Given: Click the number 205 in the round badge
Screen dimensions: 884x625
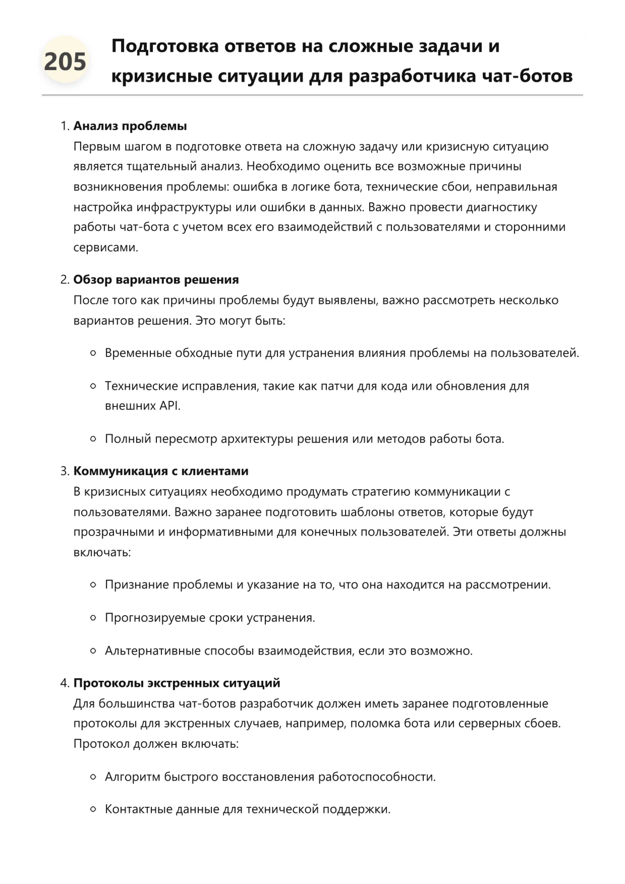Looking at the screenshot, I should pos(65,62).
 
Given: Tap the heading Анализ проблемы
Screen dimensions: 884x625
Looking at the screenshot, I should pos(130,126).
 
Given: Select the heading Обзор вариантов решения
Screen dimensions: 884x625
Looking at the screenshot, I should pos(156,279).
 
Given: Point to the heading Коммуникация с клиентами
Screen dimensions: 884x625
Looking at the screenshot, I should pos(161,471).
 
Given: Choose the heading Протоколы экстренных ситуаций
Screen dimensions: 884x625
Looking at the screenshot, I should pos(177,683).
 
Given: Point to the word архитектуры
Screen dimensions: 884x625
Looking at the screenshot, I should pos(257,439).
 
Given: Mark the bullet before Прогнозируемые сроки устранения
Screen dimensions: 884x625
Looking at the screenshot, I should pos(93,618).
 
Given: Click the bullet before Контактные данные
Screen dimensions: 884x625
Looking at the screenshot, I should pos(93,809).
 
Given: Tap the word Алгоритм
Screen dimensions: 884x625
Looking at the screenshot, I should pos(132,777).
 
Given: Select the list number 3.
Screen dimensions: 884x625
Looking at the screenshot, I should pos(64,471).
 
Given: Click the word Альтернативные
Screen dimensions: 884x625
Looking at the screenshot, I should pos(153,651).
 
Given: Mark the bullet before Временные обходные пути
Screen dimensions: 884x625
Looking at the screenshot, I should pos(93,353).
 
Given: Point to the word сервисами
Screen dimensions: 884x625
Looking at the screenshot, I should pos(105,248).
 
